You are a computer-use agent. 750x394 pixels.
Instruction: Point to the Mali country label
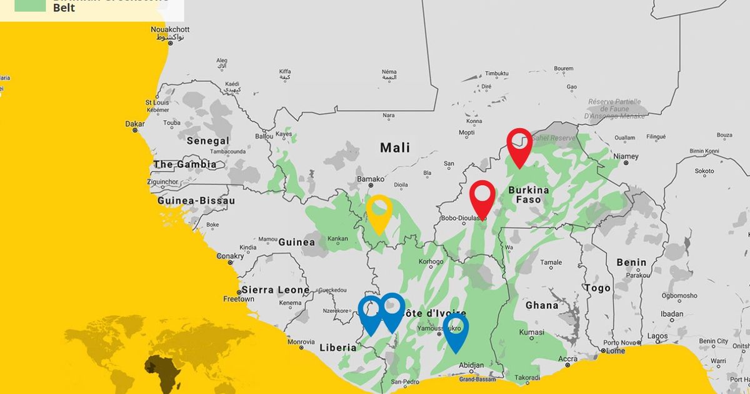[x=395, y=148]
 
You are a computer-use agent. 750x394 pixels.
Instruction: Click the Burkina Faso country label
[x=529, y=194]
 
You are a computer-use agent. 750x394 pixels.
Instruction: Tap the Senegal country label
[x=208, y=141]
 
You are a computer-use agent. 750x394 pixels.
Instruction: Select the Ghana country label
[x=542, y=305]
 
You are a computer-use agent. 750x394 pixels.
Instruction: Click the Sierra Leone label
[x=276, y=290]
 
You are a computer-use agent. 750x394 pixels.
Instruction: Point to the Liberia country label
[x=338, y=348]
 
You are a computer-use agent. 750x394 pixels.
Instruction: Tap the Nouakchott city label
[x=171, y=30]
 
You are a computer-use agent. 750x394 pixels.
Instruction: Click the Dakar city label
[x=135, y=124]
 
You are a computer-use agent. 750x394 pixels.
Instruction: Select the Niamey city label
[x=626, y=156]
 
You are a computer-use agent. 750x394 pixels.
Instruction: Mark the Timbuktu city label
[x=497, y=73]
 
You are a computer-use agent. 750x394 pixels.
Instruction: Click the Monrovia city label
[x=301, y=342]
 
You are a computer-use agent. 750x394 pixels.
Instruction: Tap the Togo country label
[x=597, y=288]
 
